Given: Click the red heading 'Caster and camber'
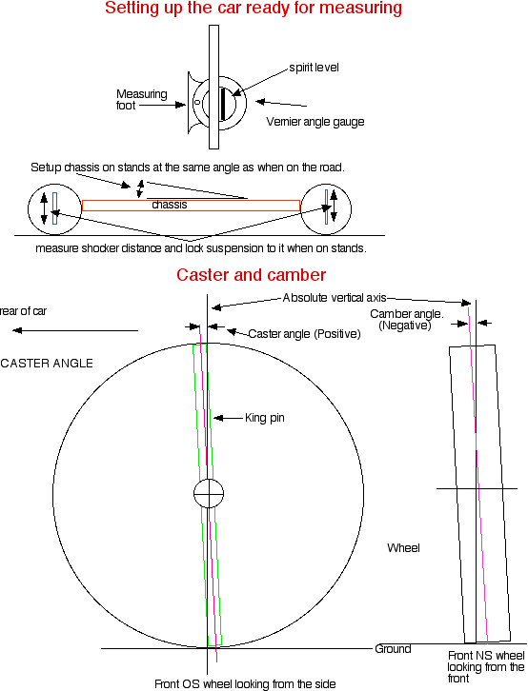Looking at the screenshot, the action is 251,275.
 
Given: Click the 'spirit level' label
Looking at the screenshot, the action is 315,68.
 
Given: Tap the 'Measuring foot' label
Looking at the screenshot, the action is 142,100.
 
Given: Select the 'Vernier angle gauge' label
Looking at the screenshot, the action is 315,122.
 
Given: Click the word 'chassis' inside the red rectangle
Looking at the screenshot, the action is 170,205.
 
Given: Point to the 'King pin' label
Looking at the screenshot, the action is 265,418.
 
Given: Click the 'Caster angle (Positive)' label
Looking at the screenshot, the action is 304,334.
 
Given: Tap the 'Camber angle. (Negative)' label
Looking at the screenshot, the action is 407,320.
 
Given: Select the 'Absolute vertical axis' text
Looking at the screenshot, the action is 335,298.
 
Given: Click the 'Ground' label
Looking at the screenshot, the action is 393,649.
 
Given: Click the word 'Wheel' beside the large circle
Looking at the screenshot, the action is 403,548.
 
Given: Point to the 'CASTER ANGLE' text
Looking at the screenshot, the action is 47,364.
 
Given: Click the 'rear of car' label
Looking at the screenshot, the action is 23,311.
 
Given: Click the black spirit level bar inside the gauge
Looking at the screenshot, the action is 223,104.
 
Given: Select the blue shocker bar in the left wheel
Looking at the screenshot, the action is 54,208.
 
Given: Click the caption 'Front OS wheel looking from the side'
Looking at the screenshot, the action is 245,684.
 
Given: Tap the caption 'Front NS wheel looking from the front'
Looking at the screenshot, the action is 486,667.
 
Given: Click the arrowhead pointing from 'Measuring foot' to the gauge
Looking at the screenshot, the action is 180,105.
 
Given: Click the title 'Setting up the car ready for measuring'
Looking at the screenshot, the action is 254,8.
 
